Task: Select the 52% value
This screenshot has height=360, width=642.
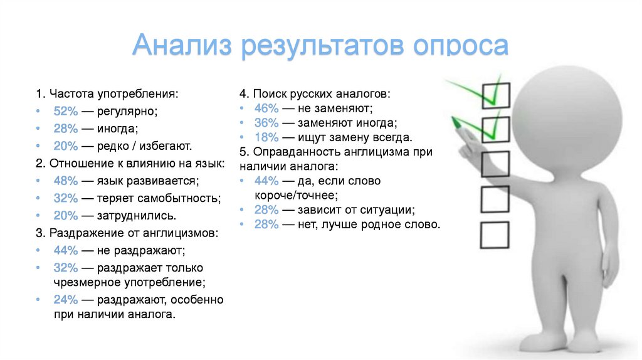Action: [x=65, y=111]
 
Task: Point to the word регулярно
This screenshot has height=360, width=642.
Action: [x=127, y=111]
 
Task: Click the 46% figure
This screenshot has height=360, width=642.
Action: [x=266, y=107]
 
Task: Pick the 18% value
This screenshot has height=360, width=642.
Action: [x=266, y=137]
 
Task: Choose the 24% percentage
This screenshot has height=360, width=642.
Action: [x=65, y=299]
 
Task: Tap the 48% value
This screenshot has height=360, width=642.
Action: [x=65, y=181]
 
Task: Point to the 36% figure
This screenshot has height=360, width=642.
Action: [x=266, y=122]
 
